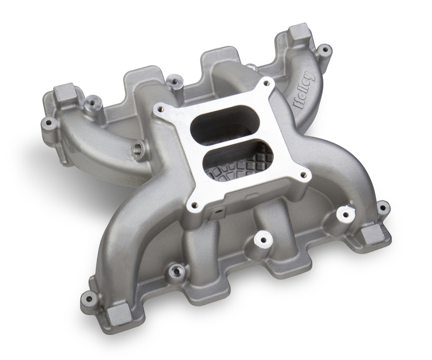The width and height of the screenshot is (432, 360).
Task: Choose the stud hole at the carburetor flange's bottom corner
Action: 193,206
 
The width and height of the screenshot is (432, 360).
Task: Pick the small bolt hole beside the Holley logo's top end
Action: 324,50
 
